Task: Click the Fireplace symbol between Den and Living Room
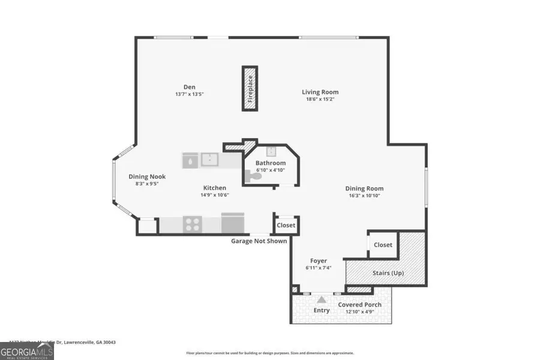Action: point(250,88)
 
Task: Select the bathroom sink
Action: point(271,151)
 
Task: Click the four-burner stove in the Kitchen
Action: point(192,224)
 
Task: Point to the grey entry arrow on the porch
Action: point(322,299)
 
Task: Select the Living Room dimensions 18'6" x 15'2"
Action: point(320,100)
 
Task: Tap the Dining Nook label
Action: point(147,177)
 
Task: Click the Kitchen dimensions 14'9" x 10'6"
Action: point(214,195)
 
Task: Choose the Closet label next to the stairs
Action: point(383,245)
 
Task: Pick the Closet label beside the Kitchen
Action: point(286,226)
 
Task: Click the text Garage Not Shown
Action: point(259,241)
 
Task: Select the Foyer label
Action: point(318,261)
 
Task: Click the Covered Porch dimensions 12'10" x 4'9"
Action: point(359,312)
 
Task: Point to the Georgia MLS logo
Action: point(28,349)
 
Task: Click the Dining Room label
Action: point(365,188)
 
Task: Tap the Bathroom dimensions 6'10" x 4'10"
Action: point(269,170)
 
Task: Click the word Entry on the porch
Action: point(322,310)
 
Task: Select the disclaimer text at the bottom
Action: point(270,353)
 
